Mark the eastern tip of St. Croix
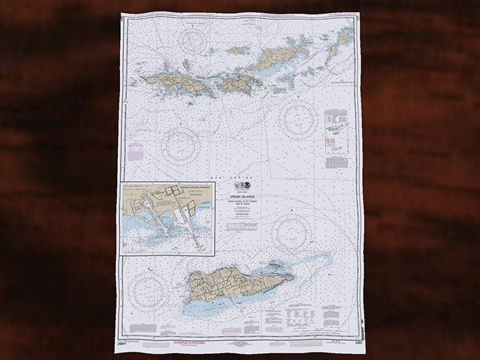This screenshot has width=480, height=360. (293, 278)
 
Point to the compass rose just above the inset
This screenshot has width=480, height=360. (181, 143)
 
